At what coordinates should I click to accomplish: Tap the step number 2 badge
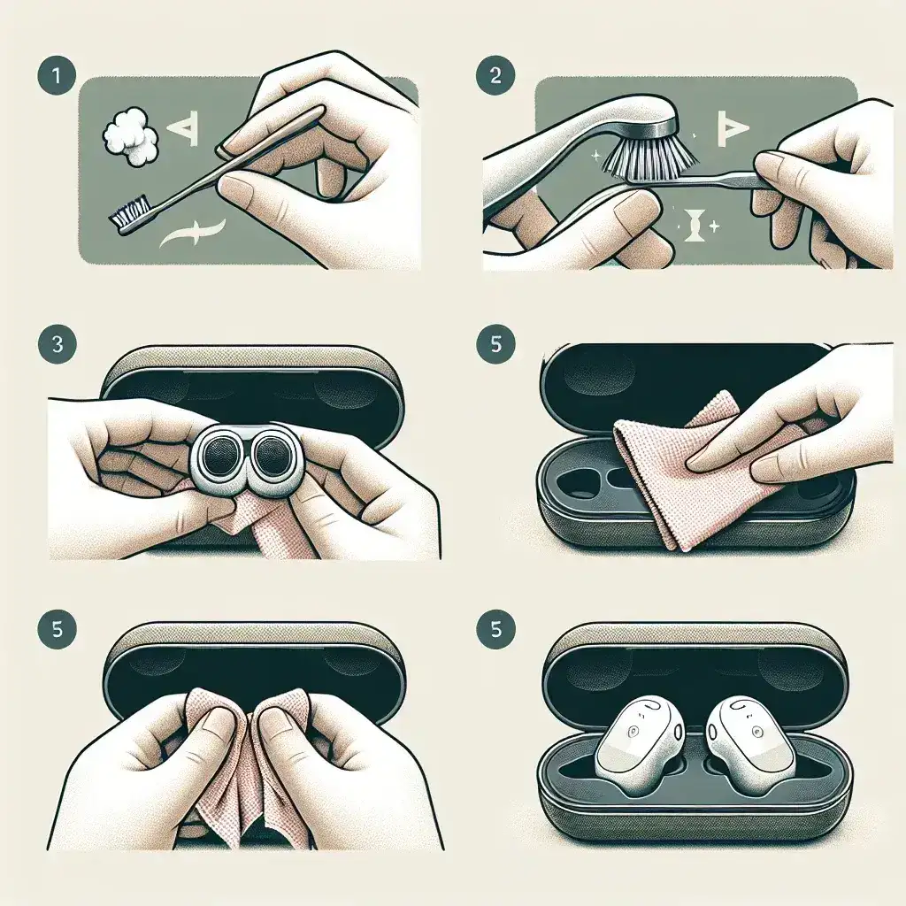tap(495, 74)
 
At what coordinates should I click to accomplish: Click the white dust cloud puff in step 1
tap(130, 138)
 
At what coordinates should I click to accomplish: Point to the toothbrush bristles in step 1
tap(129, 211)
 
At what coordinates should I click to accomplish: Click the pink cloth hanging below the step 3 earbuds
tap(265, 531)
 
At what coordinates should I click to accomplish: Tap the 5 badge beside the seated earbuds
tap(495, 630)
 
